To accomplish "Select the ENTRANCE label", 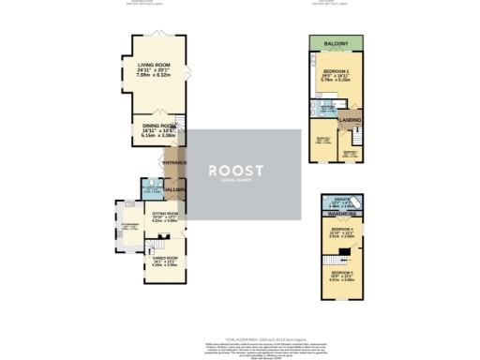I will point(174,163).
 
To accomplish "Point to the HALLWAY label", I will point(175,190).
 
